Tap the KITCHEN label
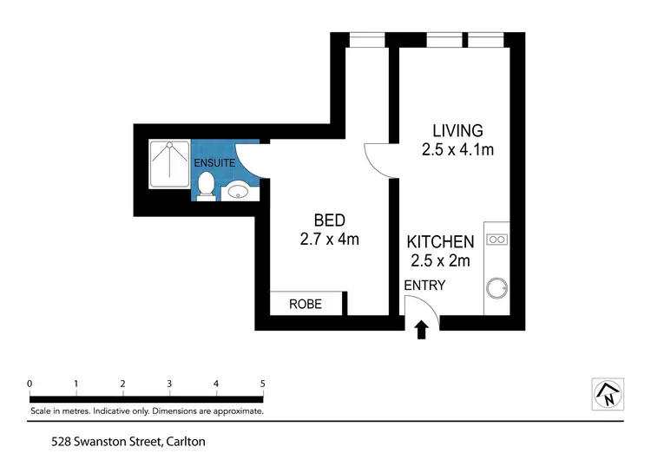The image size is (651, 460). click(x=441, y=242)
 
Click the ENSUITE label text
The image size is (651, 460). click(x=213, y=162)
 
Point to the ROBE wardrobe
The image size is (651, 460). click(x=305, y=305)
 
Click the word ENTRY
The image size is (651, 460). click(x=424, y=285)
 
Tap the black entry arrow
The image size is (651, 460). click(x=423, y=330)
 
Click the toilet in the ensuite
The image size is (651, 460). click(x=207, y=186)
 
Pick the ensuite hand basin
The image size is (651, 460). click(x=237, y=191)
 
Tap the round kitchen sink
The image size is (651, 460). click(x=497, y=286)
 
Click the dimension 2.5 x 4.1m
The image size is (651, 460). click(x=451, y=149)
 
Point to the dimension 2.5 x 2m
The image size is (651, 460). click(x=441, y=260)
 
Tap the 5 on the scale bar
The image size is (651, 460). click(x=262, y=383)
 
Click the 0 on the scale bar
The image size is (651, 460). click(x=30, y=383)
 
